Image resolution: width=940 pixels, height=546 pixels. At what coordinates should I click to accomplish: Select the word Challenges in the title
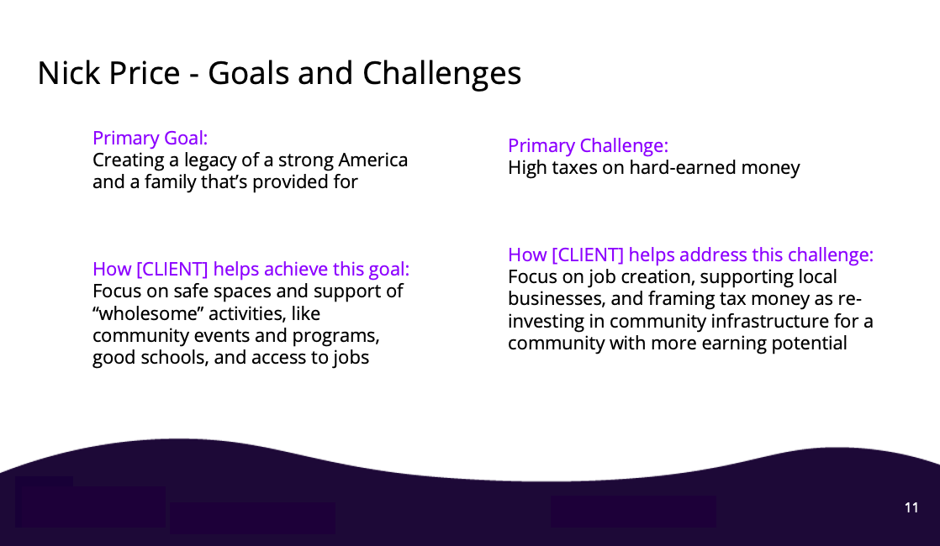click(441, 73)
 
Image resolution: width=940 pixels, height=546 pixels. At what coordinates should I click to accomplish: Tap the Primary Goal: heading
click(150, 139)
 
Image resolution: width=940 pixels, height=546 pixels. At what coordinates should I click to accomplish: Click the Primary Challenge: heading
click(588, 145)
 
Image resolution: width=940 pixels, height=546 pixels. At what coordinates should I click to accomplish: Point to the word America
click(372, 160)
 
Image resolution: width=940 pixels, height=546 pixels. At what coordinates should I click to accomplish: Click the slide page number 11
click(911, 507)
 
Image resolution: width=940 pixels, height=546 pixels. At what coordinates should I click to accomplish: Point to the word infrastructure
click(769, 321)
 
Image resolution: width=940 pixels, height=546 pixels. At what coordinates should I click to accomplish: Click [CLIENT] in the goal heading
click(172, 270)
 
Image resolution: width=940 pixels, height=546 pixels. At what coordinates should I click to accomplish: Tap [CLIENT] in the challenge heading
click(588, 255)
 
